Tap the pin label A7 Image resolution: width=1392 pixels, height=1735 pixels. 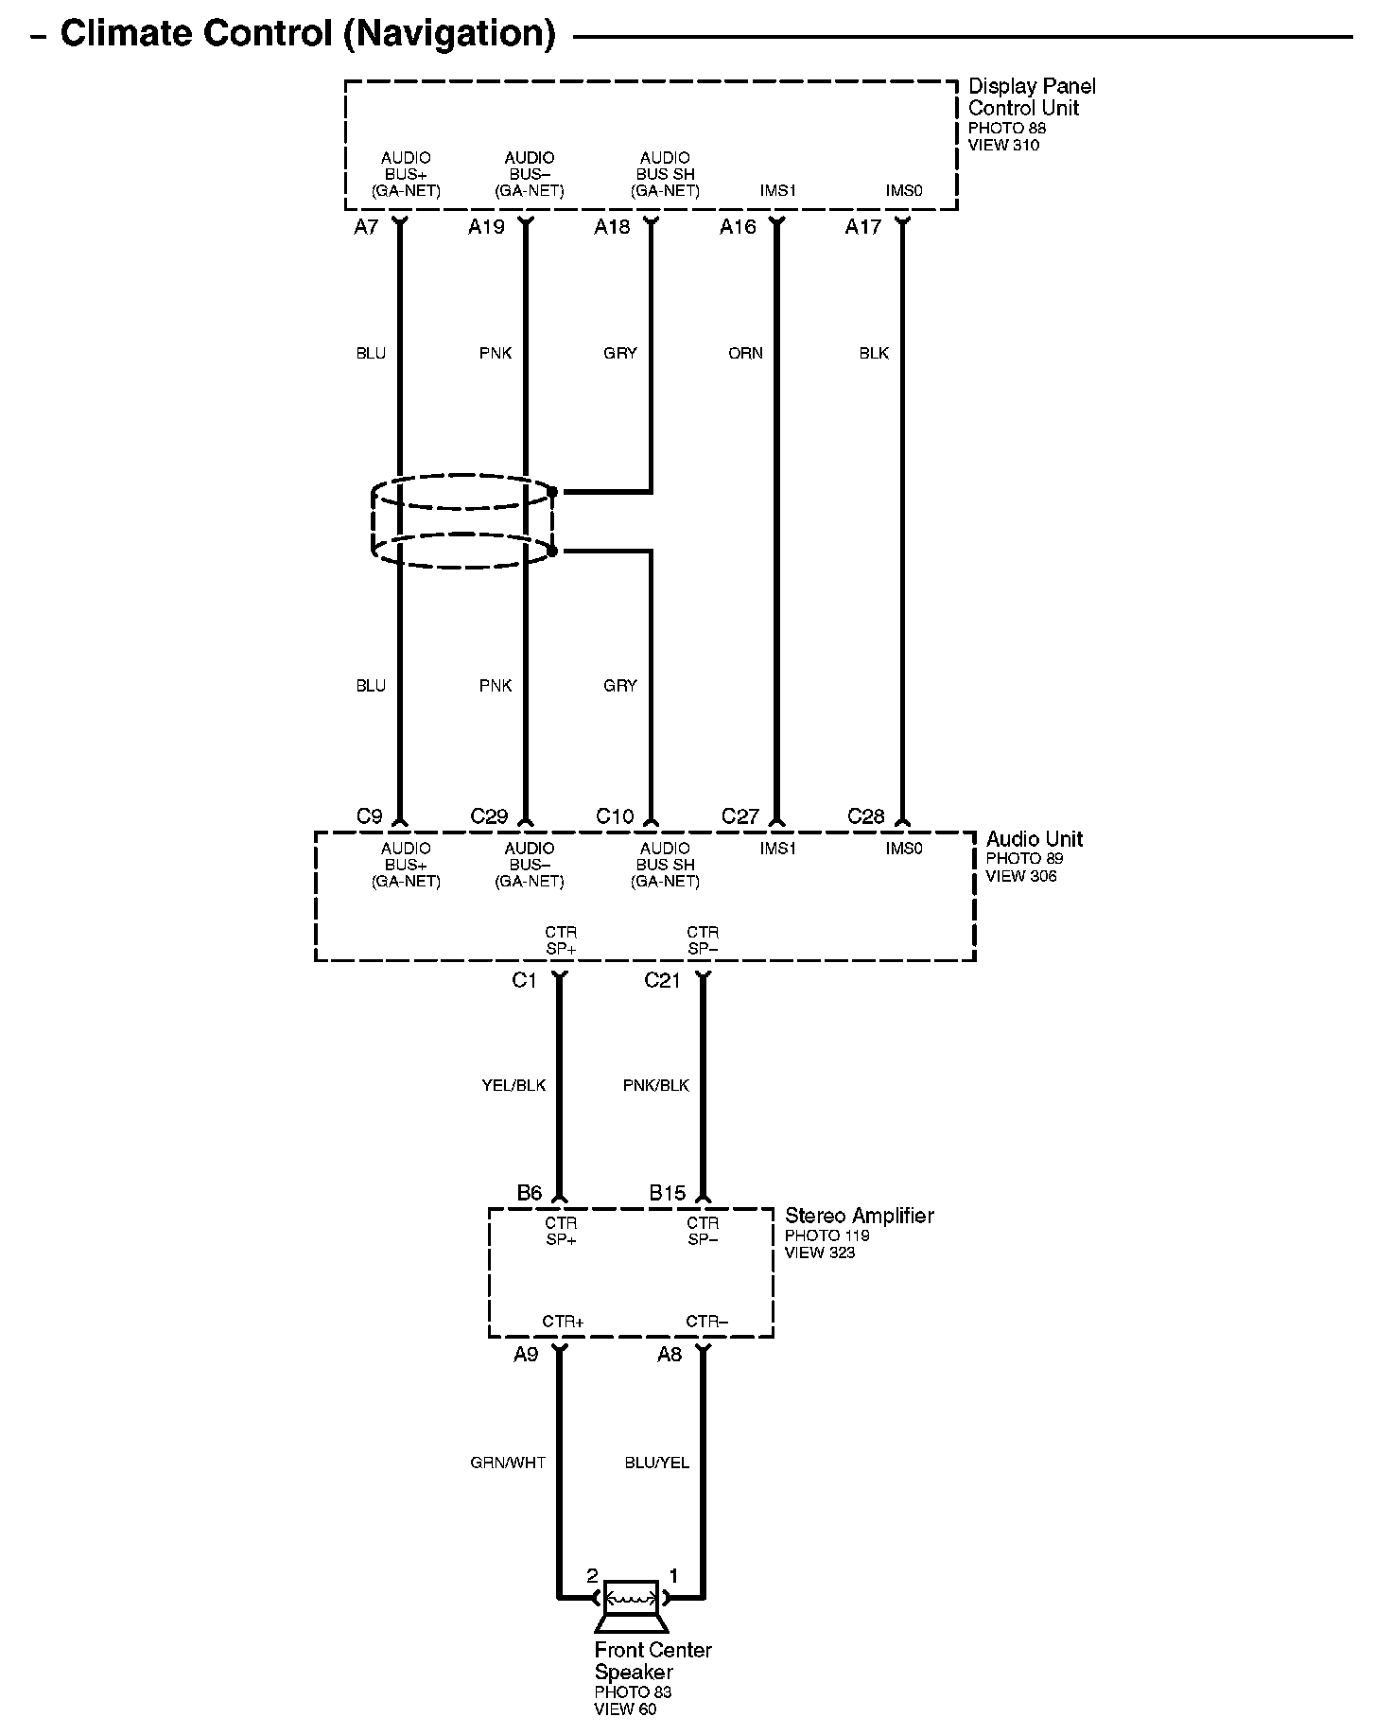click(x=366, y=227)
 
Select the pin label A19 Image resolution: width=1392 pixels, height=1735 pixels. click(x=486, y=227)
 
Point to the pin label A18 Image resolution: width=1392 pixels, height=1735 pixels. click(x=612, y=227)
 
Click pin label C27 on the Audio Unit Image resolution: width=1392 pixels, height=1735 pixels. click(x=740, y=816)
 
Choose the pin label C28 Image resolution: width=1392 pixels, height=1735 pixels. click(x=865, y=816)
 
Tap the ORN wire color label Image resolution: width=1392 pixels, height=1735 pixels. click(x=745, y=353)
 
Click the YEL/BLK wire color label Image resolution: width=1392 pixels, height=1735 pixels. click(x=513, y=1085)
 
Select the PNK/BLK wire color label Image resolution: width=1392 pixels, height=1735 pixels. click(x=656, y=1085)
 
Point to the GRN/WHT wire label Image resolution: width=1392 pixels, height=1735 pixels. click(x=508, y=1463)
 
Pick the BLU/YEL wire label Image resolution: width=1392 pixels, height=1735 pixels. click(x=656, y=1463)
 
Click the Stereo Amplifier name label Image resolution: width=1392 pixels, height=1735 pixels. click(x=859, y=1216)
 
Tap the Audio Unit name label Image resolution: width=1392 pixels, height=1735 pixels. click(x=1035, y=839)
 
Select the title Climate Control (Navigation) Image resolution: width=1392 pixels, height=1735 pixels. click(x=308, y=34)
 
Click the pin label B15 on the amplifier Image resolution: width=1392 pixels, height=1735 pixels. click(x=667, y=1194)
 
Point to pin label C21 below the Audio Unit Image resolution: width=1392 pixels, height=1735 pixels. click(x=662, y=981)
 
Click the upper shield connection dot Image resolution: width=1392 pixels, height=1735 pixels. click(x=553, y=492)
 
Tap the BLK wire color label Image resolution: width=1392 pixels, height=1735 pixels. click(x=874, y=353)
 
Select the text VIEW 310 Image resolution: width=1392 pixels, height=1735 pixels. click(x=1002, y=145)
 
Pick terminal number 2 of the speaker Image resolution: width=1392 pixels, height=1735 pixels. click(x=592, y=1576)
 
